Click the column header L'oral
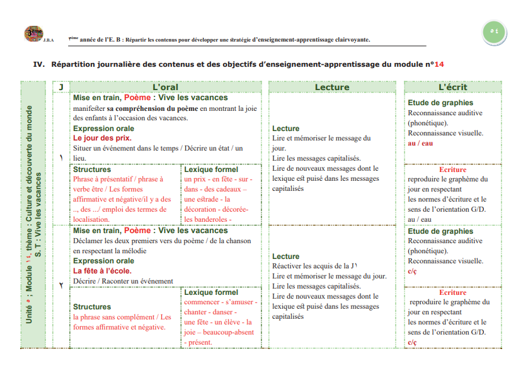pos(166,87)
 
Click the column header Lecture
pos(331,87)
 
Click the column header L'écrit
pos(452,87)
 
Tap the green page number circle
pos(493,31)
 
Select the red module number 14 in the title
pos(439,64)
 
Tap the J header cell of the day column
pos(60,87)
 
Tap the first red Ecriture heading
pos(452,169)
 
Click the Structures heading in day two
pos(92,307)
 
